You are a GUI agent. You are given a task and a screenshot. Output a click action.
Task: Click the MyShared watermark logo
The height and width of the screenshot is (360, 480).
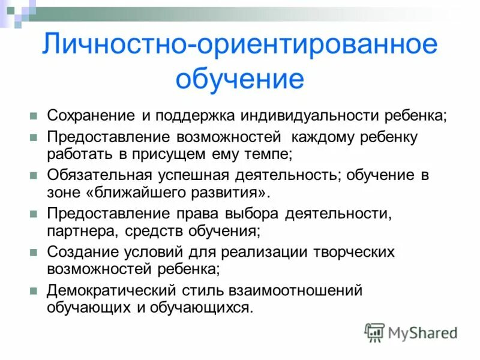pos(411,332)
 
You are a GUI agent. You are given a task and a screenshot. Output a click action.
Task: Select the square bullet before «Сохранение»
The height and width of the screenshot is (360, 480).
pos(34,115)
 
